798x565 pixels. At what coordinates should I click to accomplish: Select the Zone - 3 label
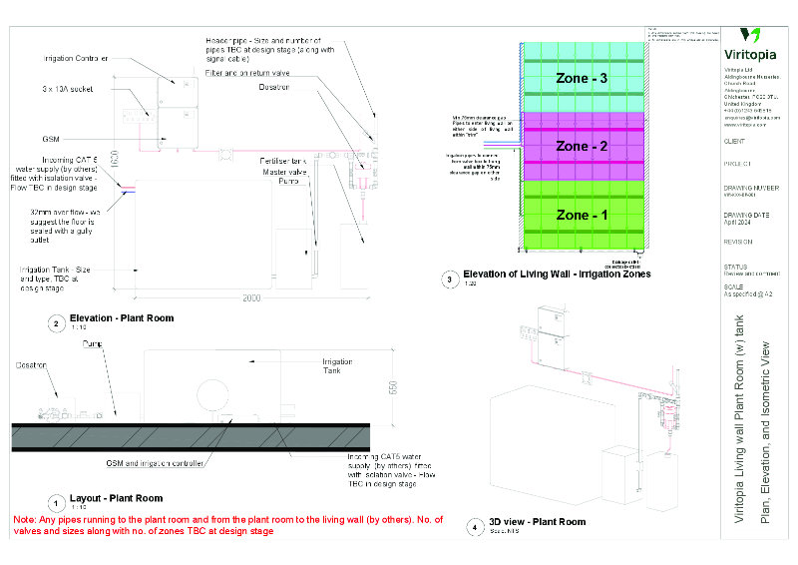[581, 77]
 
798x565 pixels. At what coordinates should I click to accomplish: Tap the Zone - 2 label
[581, 146]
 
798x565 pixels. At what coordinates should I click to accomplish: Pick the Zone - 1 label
[581, 215]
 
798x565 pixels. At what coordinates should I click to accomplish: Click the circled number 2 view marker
[57, 322]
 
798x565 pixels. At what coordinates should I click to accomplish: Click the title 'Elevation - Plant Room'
[122, 318]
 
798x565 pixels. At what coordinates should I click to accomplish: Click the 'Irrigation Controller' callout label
[76, 59]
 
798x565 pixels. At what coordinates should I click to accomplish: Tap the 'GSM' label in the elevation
[50, 139]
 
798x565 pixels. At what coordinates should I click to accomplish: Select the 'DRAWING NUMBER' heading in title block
[751, 187]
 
